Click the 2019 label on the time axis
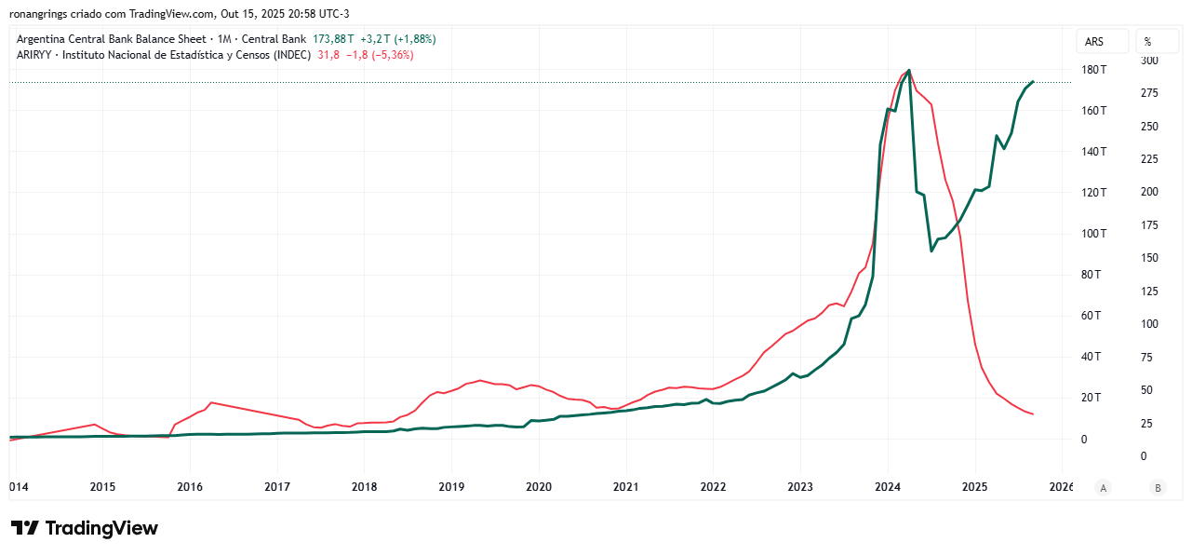[451, 486]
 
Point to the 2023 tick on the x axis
[800, 486]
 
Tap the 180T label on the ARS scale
[1093, 70]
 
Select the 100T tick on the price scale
[1093, 234]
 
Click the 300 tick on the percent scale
[1150, 61]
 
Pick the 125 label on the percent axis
[1150, 292]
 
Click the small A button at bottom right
[1103, 487]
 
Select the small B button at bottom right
[1158, 487]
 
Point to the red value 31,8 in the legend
[328, 55]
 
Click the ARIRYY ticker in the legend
[36, 55]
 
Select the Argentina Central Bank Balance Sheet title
[112, 39]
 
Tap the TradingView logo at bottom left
[85, 528]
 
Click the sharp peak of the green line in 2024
[909, 70]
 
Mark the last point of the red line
[1033, 414]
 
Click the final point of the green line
[1033, 82]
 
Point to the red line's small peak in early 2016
[211, 402]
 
